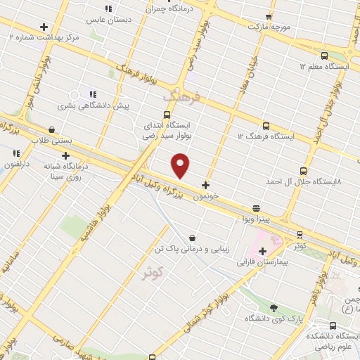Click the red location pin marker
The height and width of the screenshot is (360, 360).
point(181,166)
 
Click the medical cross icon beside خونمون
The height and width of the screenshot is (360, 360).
point(205,186)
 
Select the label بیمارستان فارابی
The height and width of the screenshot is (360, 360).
point(262,262)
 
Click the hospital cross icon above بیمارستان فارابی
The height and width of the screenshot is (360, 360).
point(262,251)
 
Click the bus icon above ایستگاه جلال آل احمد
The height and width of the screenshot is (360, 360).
point(303,171)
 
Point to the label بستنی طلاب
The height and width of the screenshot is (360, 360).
point(52,141)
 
